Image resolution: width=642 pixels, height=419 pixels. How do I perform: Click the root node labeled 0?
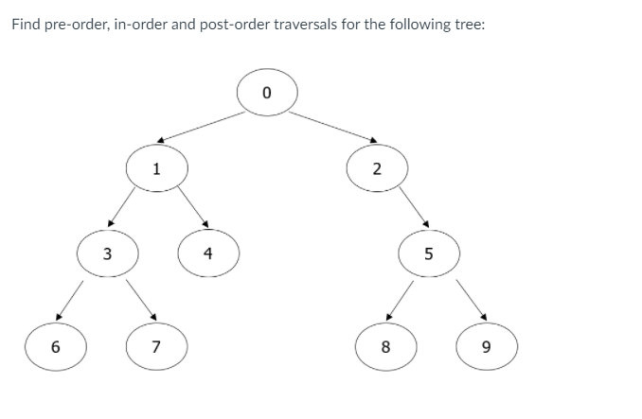point(267,93)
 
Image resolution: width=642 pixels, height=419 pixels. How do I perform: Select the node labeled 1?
point(157,170)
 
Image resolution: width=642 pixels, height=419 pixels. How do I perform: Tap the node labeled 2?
point(377,170)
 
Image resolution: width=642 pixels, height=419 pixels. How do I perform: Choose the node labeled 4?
point(208,253)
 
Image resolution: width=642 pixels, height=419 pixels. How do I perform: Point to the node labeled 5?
point(428,253)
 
